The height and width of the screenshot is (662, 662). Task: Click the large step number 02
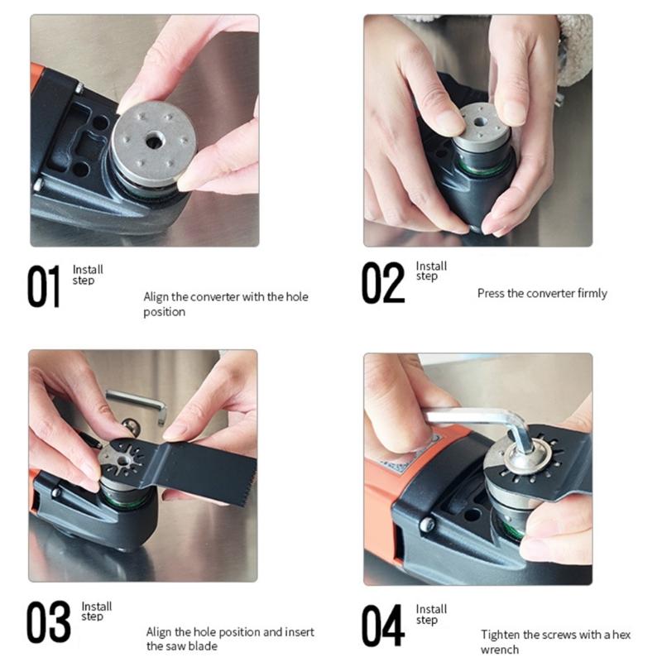[x=383, y=284]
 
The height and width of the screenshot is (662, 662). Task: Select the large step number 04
[x=383, y=626]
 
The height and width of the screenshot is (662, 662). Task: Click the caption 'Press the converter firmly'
[x=541, y=294]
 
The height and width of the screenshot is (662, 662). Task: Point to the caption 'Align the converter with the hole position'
[x=225, y=304]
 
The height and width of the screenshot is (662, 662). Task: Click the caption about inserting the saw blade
[x=230, y=639]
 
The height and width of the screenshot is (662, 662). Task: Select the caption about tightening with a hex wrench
[x=555, y=642]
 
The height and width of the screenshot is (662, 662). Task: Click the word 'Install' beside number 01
[x=88, y=269]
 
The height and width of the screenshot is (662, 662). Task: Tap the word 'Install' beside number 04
[x=431, y=609]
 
